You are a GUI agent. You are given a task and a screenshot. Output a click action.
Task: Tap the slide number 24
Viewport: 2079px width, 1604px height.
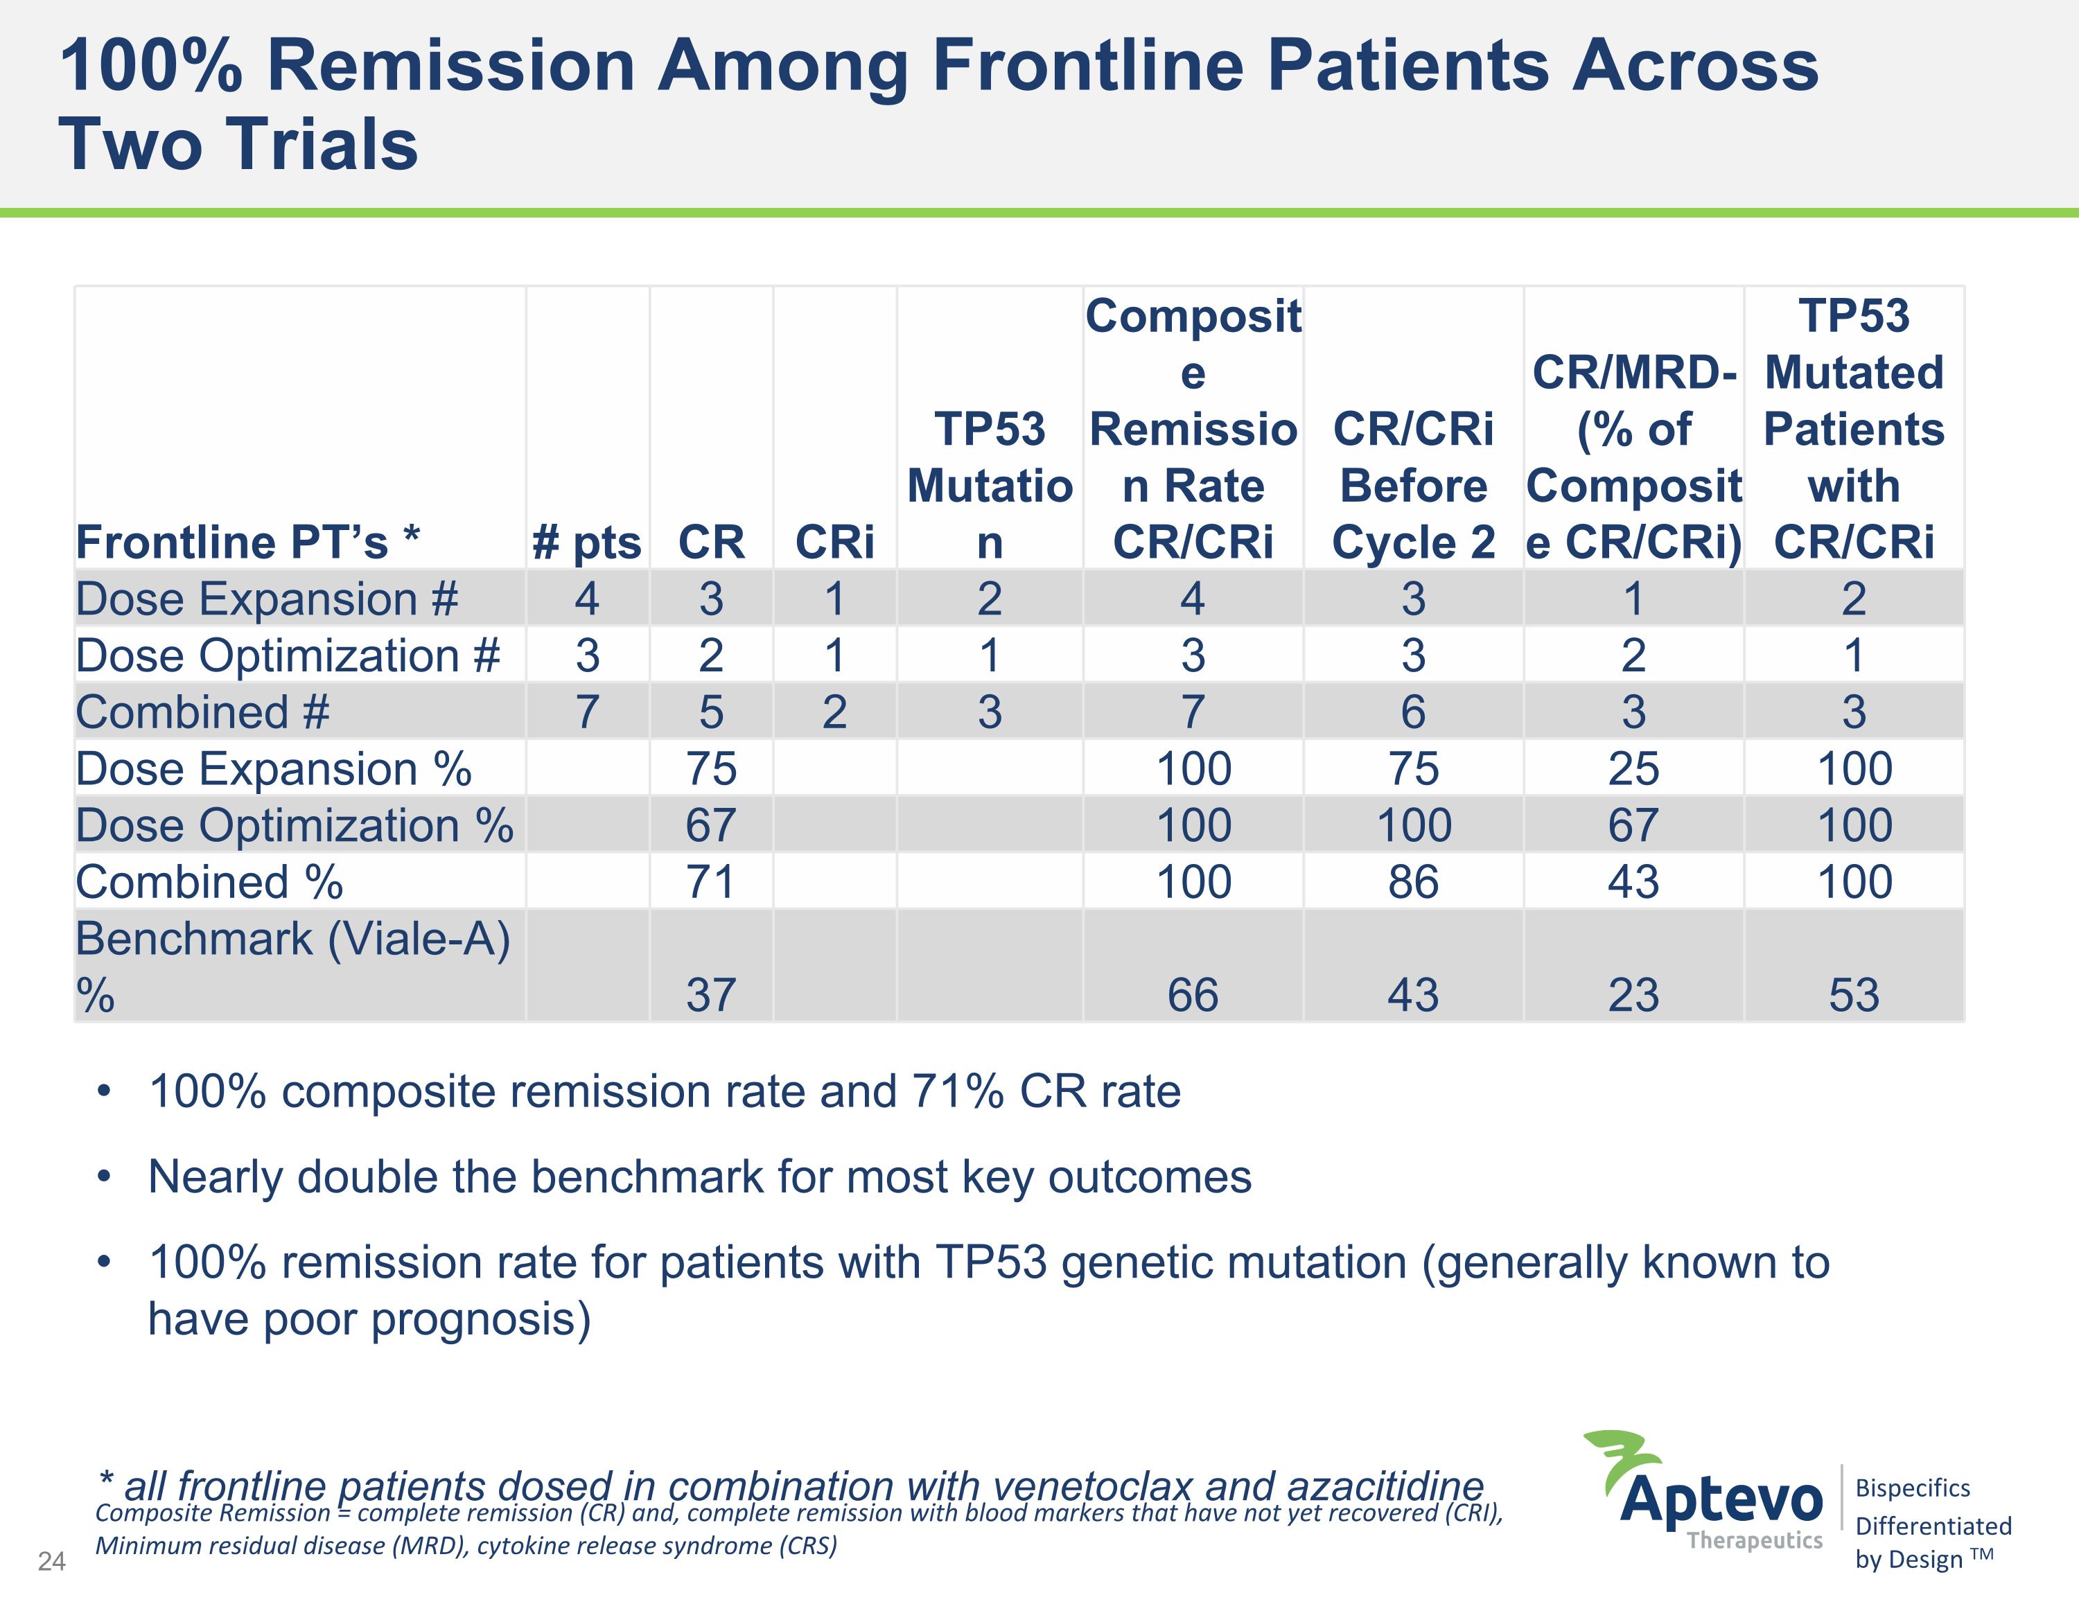pyautogui.click(x=51, y=1561)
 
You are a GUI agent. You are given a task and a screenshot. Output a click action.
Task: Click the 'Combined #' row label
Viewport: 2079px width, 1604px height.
pyautogui.click(x=203, y=712)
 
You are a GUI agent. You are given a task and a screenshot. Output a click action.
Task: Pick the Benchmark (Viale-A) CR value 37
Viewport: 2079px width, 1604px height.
pyautogui.click(x=711, y=995)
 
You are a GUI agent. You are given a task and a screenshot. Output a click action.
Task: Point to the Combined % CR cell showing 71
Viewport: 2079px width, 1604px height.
pyautogui.click(x=711, y=881)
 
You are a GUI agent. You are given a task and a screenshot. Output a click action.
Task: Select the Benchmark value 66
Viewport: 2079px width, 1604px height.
pyautogui.click(x=1193, y=995)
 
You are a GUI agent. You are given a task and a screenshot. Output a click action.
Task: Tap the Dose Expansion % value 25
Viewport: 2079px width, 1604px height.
pyautogui.click(x=1633, y=768)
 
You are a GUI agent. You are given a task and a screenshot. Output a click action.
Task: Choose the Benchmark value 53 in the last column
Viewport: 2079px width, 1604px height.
pyautogui.click(x=1853, y=995)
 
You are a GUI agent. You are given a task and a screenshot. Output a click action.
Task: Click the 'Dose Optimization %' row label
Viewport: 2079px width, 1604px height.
pyautogui.click(x=294, y=825)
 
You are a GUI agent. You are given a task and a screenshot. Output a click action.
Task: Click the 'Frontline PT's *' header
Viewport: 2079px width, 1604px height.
pyautogui.click(x=247, y=543)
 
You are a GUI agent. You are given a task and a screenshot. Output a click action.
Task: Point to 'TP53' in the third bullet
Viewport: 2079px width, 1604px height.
pyautogui.click(x=991, y=1262)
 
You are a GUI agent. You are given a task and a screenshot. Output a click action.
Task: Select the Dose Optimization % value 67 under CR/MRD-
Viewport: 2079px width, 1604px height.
pyautogui.click(x=1633, y=825)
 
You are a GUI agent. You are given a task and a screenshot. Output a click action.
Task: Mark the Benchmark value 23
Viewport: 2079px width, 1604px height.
pyautogui.click(x=1633, y=995)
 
